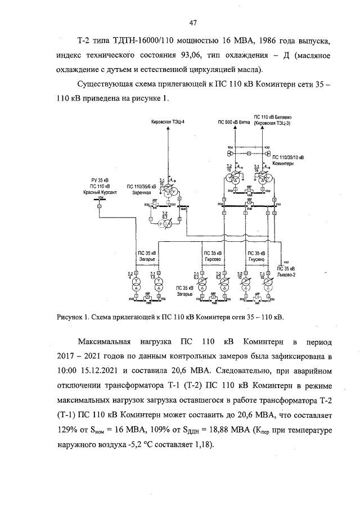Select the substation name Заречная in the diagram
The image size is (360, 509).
pyautogui.click(x=143, y=192)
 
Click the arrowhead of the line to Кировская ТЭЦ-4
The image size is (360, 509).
pyautogui.click(x=167, y=128)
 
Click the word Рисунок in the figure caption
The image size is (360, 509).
pyautogui.click(x=70, y=317)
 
